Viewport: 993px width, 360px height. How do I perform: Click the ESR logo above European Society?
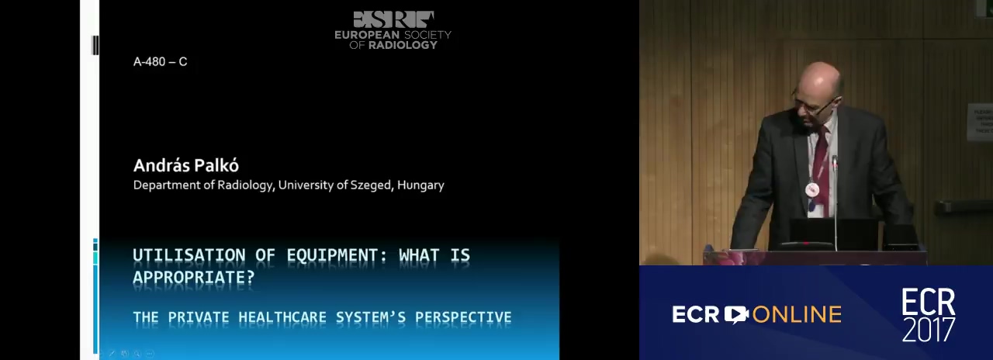click(393, 19)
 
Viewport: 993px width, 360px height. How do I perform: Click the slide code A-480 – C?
click(160, 61)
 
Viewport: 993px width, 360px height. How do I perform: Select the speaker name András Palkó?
click(185, 165)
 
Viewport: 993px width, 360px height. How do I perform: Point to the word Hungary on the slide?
click(420, 185)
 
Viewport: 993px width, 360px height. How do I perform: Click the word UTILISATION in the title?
click(189, 255)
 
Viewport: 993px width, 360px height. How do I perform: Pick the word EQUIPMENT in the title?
click(337, 255)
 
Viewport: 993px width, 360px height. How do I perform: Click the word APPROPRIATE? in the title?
click(194, 278)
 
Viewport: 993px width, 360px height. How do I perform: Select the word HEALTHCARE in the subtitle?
click(282, 317)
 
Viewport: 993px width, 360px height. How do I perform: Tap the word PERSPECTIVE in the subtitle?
click(463, 317)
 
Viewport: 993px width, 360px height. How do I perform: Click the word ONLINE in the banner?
click(797, 315)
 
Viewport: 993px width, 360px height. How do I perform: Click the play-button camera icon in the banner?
click(736, 314)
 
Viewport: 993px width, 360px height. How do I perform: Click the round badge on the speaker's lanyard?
click(812, 190)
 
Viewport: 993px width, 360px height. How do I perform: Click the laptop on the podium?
click(833, 234)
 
